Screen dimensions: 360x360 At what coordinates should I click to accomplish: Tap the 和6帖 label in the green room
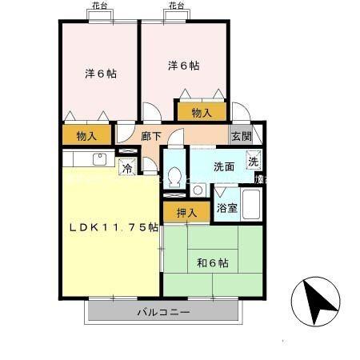pos(212,262)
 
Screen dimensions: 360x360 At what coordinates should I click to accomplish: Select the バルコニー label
pos(162,311)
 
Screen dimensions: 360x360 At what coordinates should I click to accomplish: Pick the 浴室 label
pos(226,208)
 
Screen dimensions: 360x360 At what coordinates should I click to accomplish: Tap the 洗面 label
pos(223,166)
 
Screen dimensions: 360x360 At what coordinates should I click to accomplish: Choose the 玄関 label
pos(241,136)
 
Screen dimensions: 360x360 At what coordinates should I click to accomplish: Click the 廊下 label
pos(150,136)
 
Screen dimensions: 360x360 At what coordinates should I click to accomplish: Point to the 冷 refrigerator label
pos(126,167)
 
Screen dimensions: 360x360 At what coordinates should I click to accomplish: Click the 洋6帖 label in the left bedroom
pos(101,74)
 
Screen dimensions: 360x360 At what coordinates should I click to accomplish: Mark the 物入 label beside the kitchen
pos(87,136)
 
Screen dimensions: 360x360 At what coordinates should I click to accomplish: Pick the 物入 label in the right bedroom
pos(202,113)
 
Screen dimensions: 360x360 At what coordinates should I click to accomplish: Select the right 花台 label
pos(176,6)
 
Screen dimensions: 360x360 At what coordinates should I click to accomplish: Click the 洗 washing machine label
pos(252,161)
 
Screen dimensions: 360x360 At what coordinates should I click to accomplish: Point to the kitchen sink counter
pos(88,159)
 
